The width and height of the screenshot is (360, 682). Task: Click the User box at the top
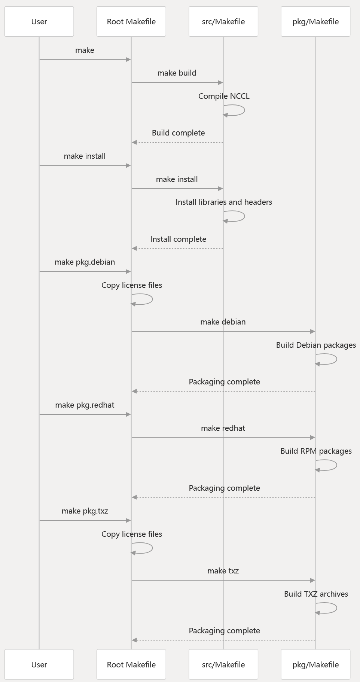point(39,22)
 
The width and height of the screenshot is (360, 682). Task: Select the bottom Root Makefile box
point(131,664)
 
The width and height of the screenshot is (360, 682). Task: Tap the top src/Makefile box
point(223,22)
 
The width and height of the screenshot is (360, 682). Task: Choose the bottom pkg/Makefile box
point(315,664)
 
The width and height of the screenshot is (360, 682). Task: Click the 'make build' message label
point(177,73)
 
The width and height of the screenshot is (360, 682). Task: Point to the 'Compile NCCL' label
point(224,96)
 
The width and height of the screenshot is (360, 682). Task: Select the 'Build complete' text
point(178,133)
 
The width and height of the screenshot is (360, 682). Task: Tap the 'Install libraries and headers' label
point(224,202)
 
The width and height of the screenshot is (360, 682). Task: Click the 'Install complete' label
point(178,239)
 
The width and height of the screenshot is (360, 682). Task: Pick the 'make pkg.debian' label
point(85,262)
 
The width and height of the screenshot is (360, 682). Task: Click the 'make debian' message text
point(223,322)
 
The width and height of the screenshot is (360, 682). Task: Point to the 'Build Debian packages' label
point(316,345)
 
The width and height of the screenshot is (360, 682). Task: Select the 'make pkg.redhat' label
point(85,405)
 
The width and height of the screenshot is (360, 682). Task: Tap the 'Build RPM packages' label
point(316,451)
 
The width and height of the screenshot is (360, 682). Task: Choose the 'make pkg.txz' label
point(85,511)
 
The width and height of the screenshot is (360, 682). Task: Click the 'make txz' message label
point(223,571)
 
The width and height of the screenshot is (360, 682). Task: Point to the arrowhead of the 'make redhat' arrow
point(312,437)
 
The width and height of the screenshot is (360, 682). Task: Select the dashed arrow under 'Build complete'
point(178,142)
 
